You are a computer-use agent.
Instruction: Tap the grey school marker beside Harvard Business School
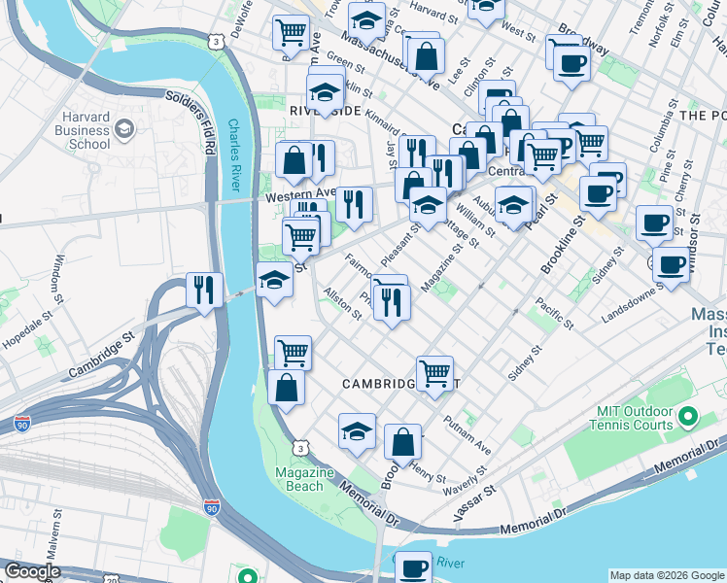(x=124, y=128)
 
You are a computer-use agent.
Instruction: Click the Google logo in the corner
(x=31, y=571)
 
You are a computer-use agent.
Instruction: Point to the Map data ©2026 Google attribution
(x=667, y=575)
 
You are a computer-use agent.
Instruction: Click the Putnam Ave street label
(x=467, y=434)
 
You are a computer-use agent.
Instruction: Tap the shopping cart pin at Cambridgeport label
(x=434, y=373)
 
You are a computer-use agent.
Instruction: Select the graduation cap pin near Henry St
(x=357, y=430)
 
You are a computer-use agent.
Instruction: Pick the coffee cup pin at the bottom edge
(x=413, y=567)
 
